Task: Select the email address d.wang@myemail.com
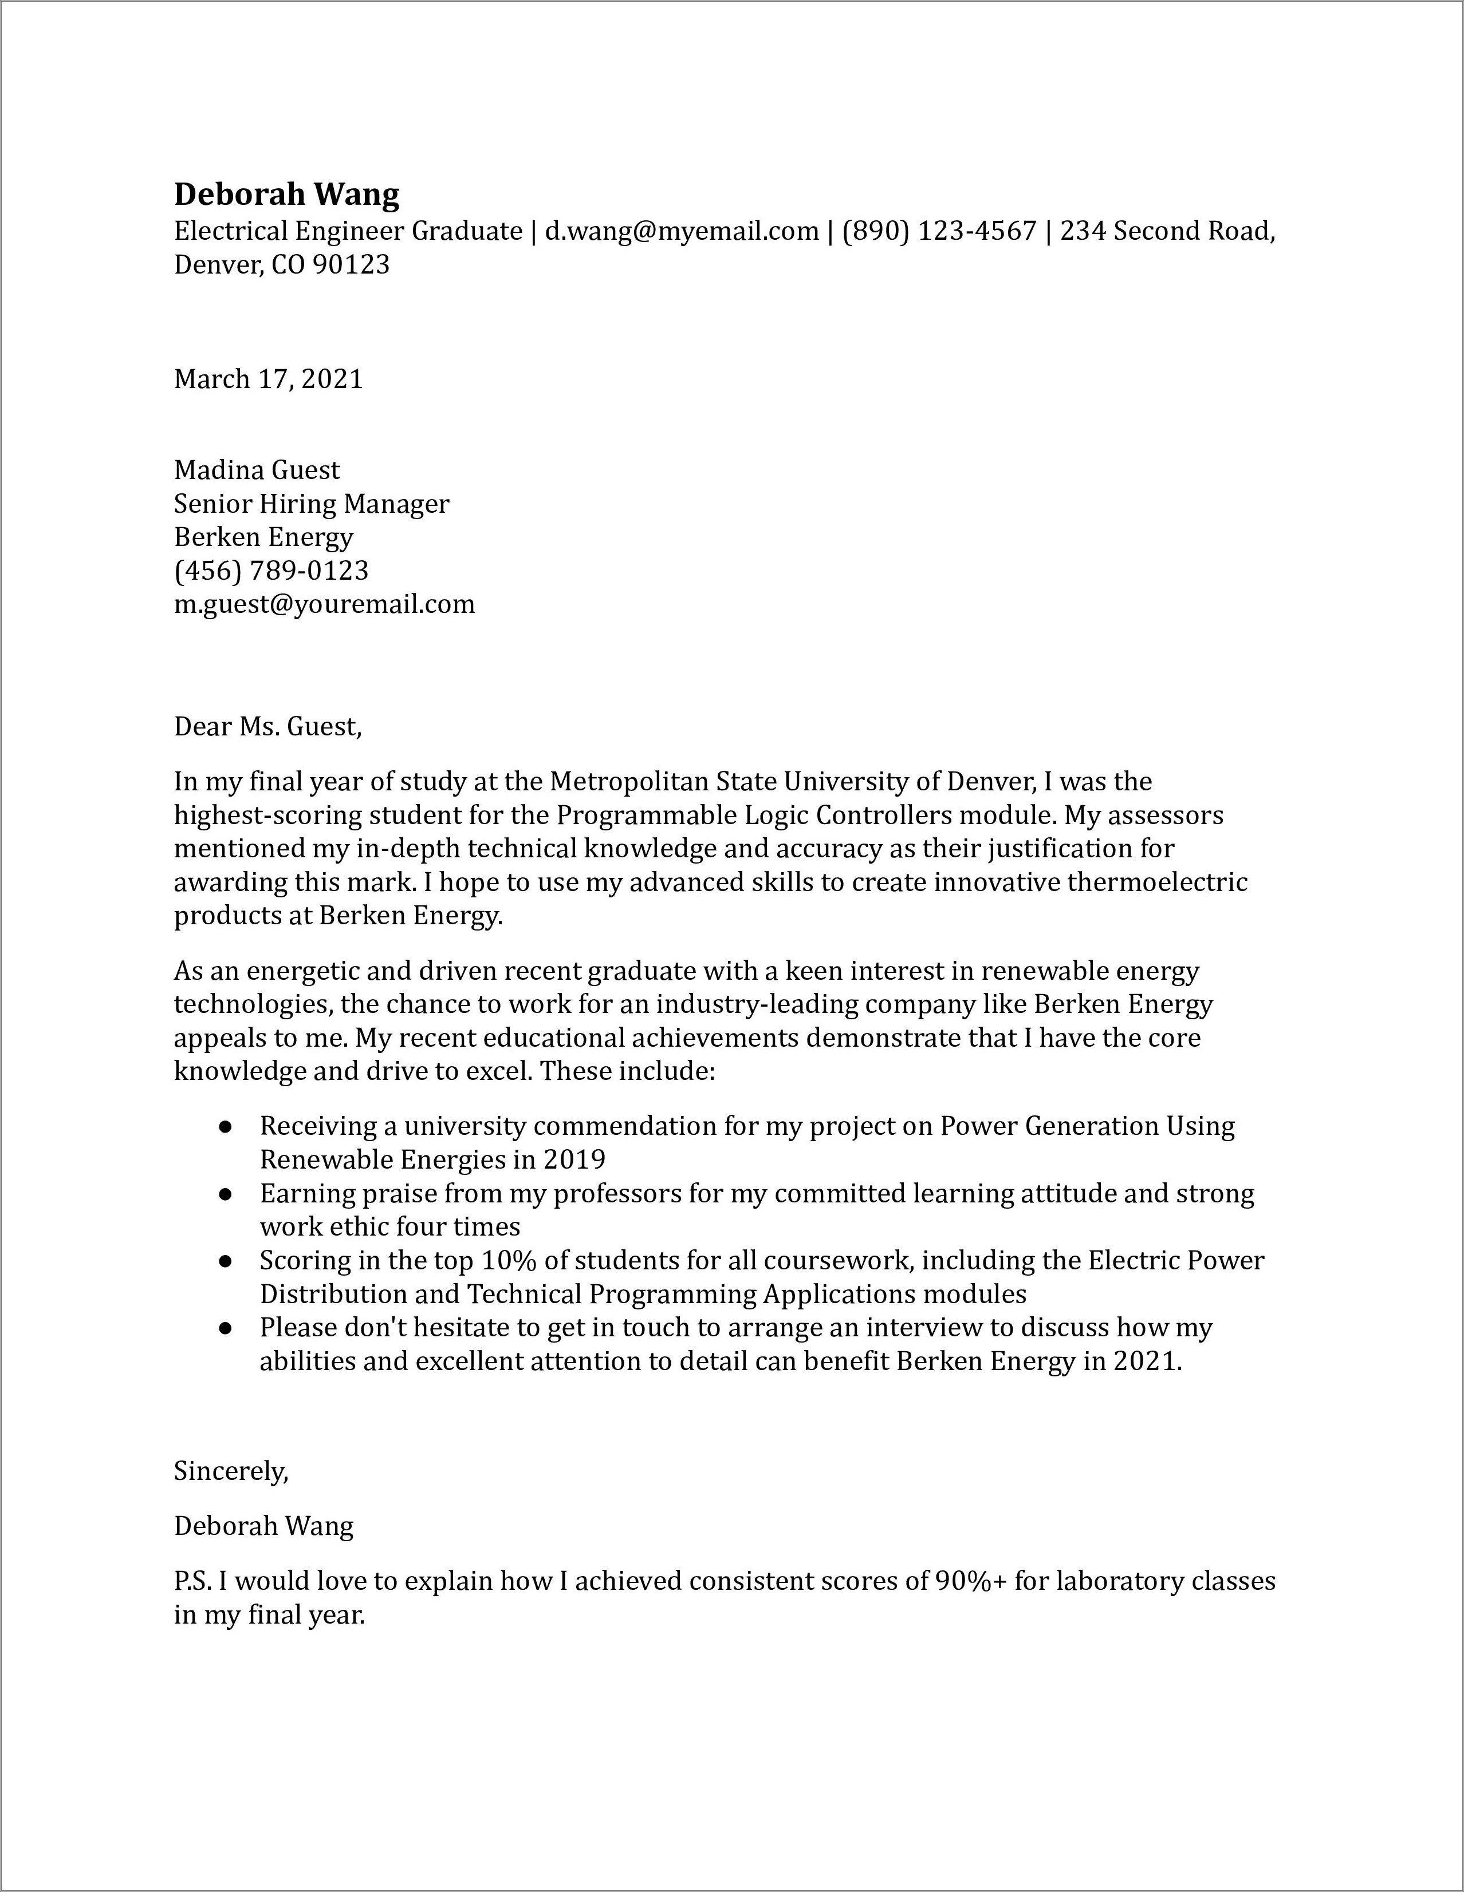click(x=681, y=231)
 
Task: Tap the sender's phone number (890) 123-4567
click(x=939, y=231)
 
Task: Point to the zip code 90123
click(x=351, y=264)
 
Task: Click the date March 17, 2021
click(x=268, y=379)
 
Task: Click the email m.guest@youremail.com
click(x=324, y=604)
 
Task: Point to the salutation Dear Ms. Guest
click(x=267, y=726)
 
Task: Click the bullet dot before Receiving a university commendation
click(x=225, y=1126)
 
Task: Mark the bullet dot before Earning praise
click(x=225, y=1194)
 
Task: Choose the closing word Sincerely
click(x=231, y=1470)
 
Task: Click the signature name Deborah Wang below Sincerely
click(x=263, y=1526)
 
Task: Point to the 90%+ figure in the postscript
click(x=971, y=1581)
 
